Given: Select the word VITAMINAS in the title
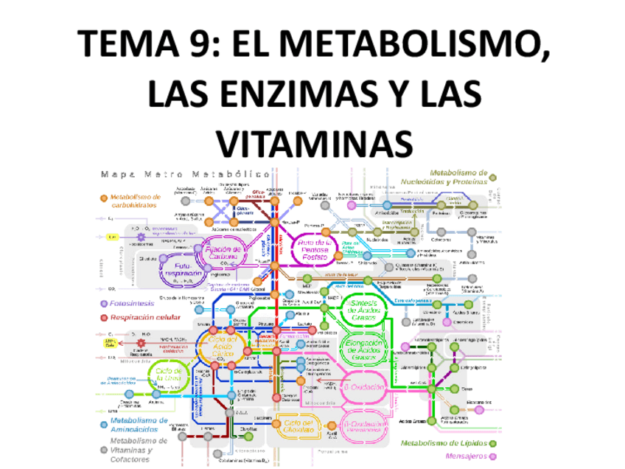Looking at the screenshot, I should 315,142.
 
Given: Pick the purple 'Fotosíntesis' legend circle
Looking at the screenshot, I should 102,303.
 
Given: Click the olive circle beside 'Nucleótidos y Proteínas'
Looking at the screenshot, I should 493,177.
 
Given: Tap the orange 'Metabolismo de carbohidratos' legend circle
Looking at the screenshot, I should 102,198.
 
